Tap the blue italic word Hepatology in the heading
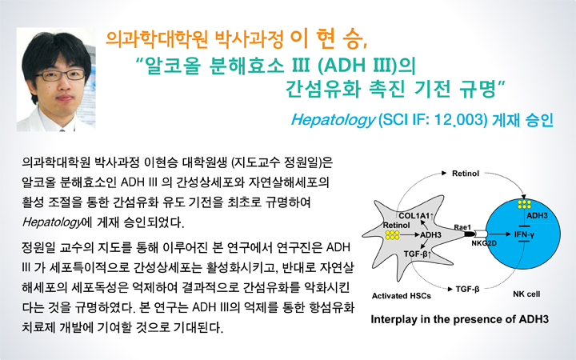333,120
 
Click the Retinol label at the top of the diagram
466,174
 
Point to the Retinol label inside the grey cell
396,225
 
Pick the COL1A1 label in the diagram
414,216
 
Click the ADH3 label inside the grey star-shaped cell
430,234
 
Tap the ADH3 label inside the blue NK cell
537,216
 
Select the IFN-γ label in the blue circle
524,234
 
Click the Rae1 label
462,227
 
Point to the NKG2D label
484,243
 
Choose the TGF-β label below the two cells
467,290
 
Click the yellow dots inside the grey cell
392,235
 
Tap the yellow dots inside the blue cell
524,204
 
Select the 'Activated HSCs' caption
401,296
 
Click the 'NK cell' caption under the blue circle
526,294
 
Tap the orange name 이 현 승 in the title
329,40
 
